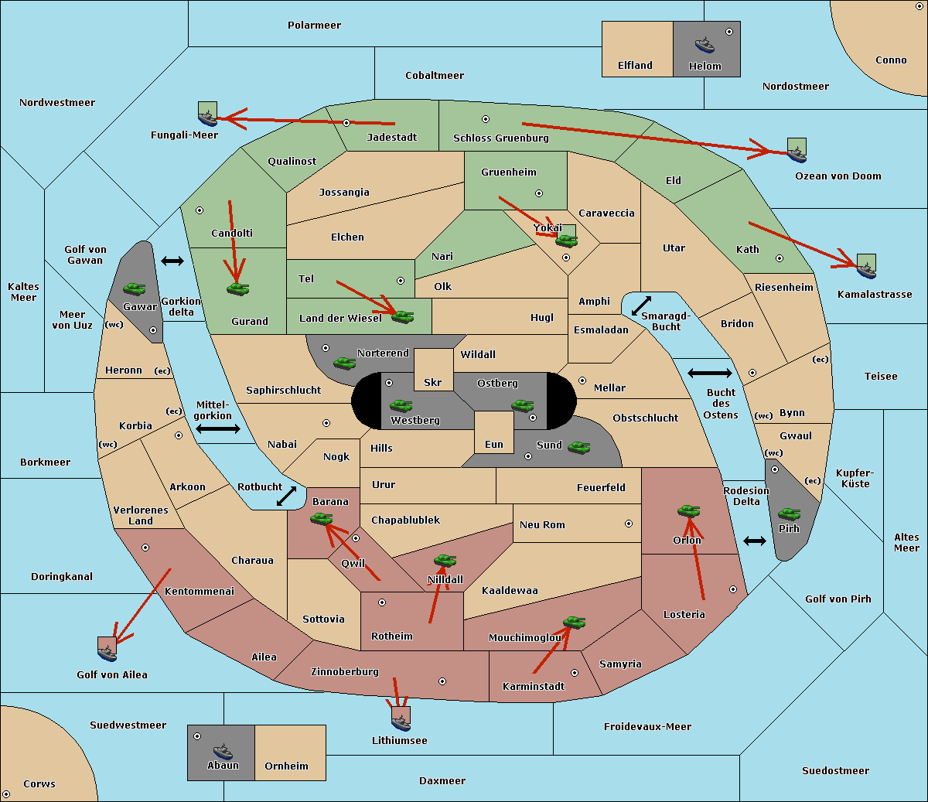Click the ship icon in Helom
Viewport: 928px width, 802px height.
click(705, 45)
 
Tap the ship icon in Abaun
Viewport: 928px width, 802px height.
click(223, 752)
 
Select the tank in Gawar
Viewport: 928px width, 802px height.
click(135, 288)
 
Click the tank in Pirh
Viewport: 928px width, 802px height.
click(789, 514)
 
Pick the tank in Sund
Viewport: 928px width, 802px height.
click(578, 448)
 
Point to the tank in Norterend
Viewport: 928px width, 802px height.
click(344, 363)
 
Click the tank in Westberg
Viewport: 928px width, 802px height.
click(401, 405)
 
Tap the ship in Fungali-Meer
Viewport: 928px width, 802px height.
click(207, 118)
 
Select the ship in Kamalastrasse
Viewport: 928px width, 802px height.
click(866, 271)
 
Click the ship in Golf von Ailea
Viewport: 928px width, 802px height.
click(107, 654)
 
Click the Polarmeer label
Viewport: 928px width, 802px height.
click(314, 26)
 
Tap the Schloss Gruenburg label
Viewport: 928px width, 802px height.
click(501, 138)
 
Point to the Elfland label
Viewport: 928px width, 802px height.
click(635, 66)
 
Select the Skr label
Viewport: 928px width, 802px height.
click(433, 382)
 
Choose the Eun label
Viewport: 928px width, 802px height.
click(494, 444)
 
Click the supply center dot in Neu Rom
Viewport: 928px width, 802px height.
click(629, 524)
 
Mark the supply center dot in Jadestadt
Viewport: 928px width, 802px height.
click(346, 123)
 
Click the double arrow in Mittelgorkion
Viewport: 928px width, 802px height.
click(218, 428)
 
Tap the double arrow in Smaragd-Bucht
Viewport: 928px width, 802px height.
click(641, 305)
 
